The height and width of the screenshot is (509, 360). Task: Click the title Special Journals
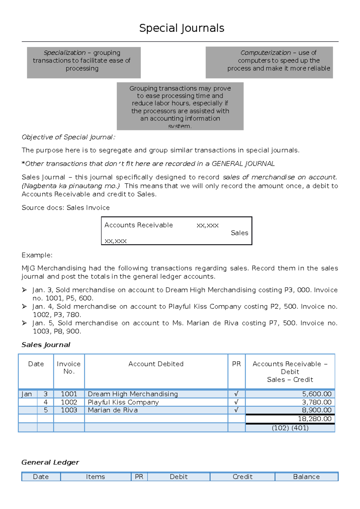(x=181, y=28)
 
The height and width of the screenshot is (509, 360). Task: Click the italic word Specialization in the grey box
(x=64, y=53)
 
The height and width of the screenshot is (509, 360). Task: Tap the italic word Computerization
(x=265, y=53)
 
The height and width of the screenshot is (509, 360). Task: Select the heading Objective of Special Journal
(x=68, y=137)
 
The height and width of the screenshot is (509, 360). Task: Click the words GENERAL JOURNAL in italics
(x=243, y=164)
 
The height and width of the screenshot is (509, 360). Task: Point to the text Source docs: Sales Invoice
(x=65, y=208)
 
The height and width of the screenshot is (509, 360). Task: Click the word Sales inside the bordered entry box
(x=239, y=233)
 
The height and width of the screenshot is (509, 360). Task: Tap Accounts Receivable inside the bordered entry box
(x=139, y=225)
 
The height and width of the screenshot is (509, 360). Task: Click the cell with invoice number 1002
(x=69, y=402)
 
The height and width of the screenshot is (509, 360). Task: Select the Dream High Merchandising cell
(x=133, y=394)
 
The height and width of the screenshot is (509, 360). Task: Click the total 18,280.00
(x=314, y=419)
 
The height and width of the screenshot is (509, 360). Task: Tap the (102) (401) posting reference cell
(x=290, y=428)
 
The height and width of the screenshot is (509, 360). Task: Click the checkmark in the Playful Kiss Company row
(x=236, y=402)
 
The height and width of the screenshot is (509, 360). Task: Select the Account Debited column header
(x=156, y=364)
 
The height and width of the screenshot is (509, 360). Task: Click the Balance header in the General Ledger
(x=306, y=477)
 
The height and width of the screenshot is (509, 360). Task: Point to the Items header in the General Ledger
(x=95, y=477)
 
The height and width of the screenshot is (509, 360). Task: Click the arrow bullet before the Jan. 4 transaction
(x=25, y=306)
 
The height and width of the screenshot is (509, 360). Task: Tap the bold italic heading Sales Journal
(x=46, y=345)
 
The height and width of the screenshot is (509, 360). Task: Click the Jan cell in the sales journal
(x=27, y=394)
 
